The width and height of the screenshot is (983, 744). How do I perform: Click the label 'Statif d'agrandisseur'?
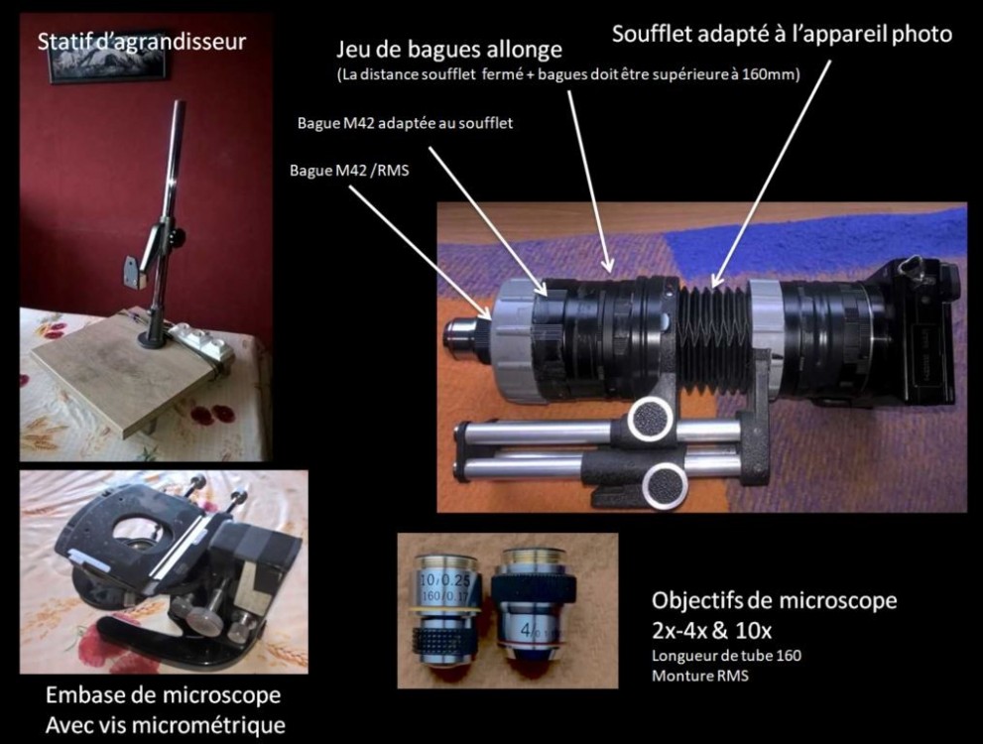click(142, 42)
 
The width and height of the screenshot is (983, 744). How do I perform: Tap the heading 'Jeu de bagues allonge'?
click(449, 50)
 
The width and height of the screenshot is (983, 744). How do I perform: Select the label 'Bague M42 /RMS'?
click(349, 171)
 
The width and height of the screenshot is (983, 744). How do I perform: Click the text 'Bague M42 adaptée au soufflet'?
click(405, 123)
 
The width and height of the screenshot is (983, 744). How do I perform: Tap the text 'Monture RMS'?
click(699, 676)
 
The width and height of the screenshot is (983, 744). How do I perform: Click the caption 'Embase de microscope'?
click(163, 695)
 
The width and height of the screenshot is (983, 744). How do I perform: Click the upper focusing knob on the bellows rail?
click(651, 420)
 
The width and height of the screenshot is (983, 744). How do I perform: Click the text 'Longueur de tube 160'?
click(727, 656)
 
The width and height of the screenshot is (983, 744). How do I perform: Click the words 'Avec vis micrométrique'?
click(166, 725)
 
